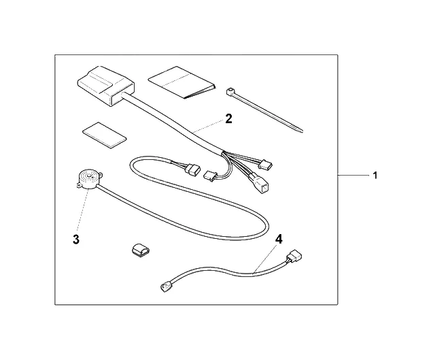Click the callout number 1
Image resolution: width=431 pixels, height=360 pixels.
(x=374, y=176)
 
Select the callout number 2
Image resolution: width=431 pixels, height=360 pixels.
(x=229, y=118)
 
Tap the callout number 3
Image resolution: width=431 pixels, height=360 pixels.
(x=77, y=239)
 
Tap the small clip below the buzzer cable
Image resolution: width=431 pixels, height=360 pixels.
(x=139, y=250)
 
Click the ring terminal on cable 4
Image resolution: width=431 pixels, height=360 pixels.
(x=165, y=289)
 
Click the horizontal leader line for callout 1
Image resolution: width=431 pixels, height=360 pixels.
(x=354, y=176)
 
